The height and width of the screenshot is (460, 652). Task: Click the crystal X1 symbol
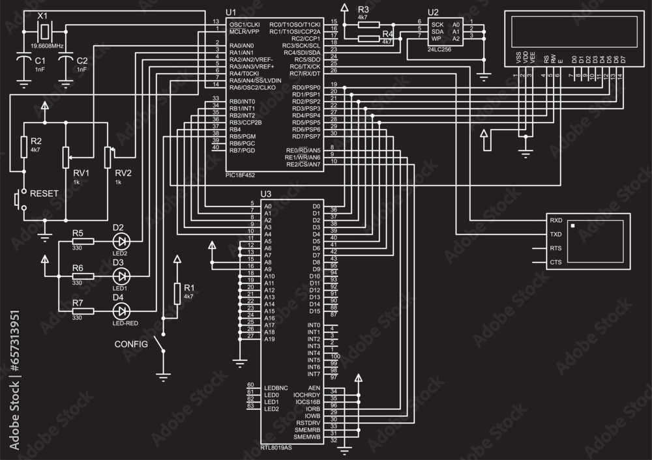(43, 31)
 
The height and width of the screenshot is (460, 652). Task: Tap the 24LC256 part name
(441, 49)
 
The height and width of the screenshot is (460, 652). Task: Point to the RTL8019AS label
(276, 448)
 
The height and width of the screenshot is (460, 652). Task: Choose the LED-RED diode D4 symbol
(122, 311)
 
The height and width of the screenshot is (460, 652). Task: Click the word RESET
(44, 194)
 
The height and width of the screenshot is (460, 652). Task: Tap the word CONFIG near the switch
(131, 343)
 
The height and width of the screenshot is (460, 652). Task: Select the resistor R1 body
(177, 294)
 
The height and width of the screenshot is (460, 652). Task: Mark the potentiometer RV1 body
(66, 156)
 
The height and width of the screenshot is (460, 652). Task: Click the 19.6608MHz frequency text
(47, 47)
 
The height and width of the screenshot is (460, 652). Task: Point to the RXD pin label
(556, 220)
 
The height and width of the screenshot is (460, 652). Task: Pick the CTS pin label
(556, 262)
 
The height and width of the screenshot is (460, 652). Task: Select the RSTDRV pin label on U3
(308, 423)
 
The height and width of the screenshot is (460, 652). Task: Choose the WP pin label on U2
(436, 38)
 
